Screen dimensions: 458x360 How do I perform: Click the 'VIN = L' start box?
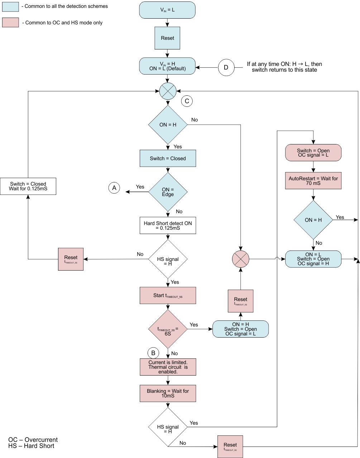tap(167, 10)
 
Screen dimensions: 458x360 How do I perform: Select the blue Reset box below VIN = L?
tap(167, 38)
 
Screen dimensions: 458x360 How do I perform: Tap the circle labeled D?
tap(226, 67)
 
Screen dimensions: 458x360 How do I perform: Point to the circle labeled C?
tap(187, 101)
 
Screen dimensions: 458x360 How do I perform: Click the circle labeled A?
tap(114, 188)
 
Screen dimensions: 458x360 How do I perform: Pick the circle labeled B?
tap(153, 353)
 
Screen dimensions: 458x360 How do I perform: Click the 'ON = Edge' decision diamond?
tap(168, 192)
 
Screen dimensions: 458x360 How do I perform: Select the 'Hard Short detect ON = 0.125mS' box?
tap(168, 225)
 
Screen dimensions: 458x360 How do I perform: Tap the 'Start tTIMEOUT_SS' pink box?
tap(168, 296)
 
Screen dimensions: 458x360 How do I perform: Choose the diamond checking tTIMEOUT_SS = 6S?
tap(168, 329)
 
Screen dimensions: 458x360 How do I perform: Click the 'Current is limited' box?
tap(168, 367)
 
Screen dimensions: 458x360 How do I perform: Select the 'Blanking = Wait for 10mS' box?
tap(168, 393)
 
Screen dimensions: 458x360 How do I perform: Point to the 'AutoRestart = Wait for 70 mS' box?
tap(313, 181)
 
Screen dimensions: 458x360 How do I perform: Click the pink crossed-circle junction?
tap(240, 259)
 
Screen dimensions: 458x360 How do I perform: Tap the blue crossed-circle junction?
tap(168, 91)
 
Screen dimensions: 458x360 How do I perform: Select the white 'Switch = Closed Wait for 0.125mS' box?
tap(28, 186)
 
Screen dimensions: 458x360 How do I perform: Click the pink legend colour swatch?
tap(10, 23)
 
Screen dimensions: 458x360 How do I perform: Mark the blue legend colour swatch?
tap(10, 6)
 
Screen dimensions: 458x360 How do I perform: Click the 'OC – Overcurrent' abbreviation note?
tap(33, 440)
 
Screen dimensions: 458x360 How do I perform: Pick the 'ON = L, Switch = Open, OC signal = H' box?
tap(313, 259)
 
